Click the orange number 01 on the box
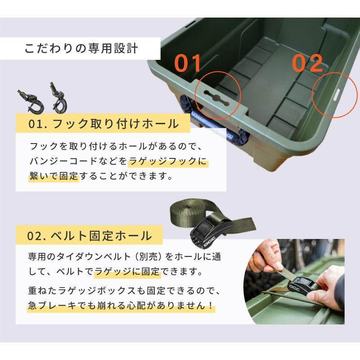tap(188, 63)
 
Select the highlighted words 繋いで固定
tap(54, 176)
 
